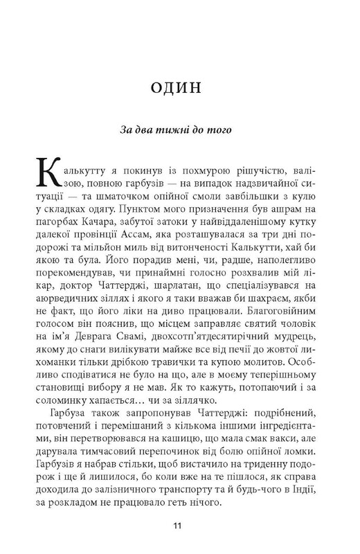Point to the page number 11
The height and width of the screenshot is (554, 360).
click(179, 527)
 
